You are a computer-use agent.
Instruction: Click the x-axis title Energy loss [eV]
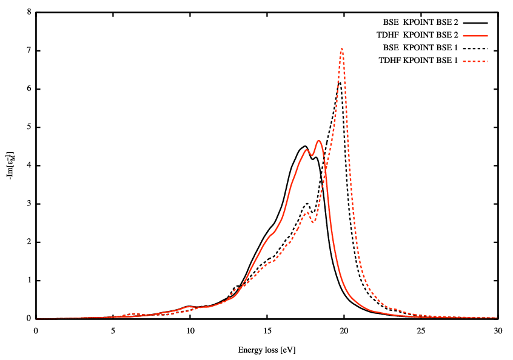pyautogui.click(x=267, y=350)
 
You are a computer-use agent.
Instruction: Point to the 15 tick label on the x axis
pyautogui.click(x=267, y=330)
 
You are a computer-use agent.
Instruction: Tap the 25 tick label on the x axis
pyautogui.click(x=421, y=330)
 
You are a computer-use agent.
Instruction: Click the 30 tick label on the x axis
pyautogui.click(x=498, y=330)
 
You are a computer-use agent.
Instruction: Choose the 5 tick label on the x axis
pyautogui.click(x=113, y=330)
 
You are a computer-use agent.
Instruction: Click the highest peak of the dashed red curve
pyautogui.click(x=342, y=48)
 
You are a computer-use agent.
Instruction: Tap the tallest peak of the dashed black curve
pyautogui.click(x=340, y=82)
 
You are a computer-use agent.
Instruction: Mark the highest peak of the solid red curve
pyautogui.click(x=318, y=141)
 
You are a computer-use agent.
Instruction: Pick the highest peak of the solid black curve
pyautogui.click(x=304, y=146)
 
